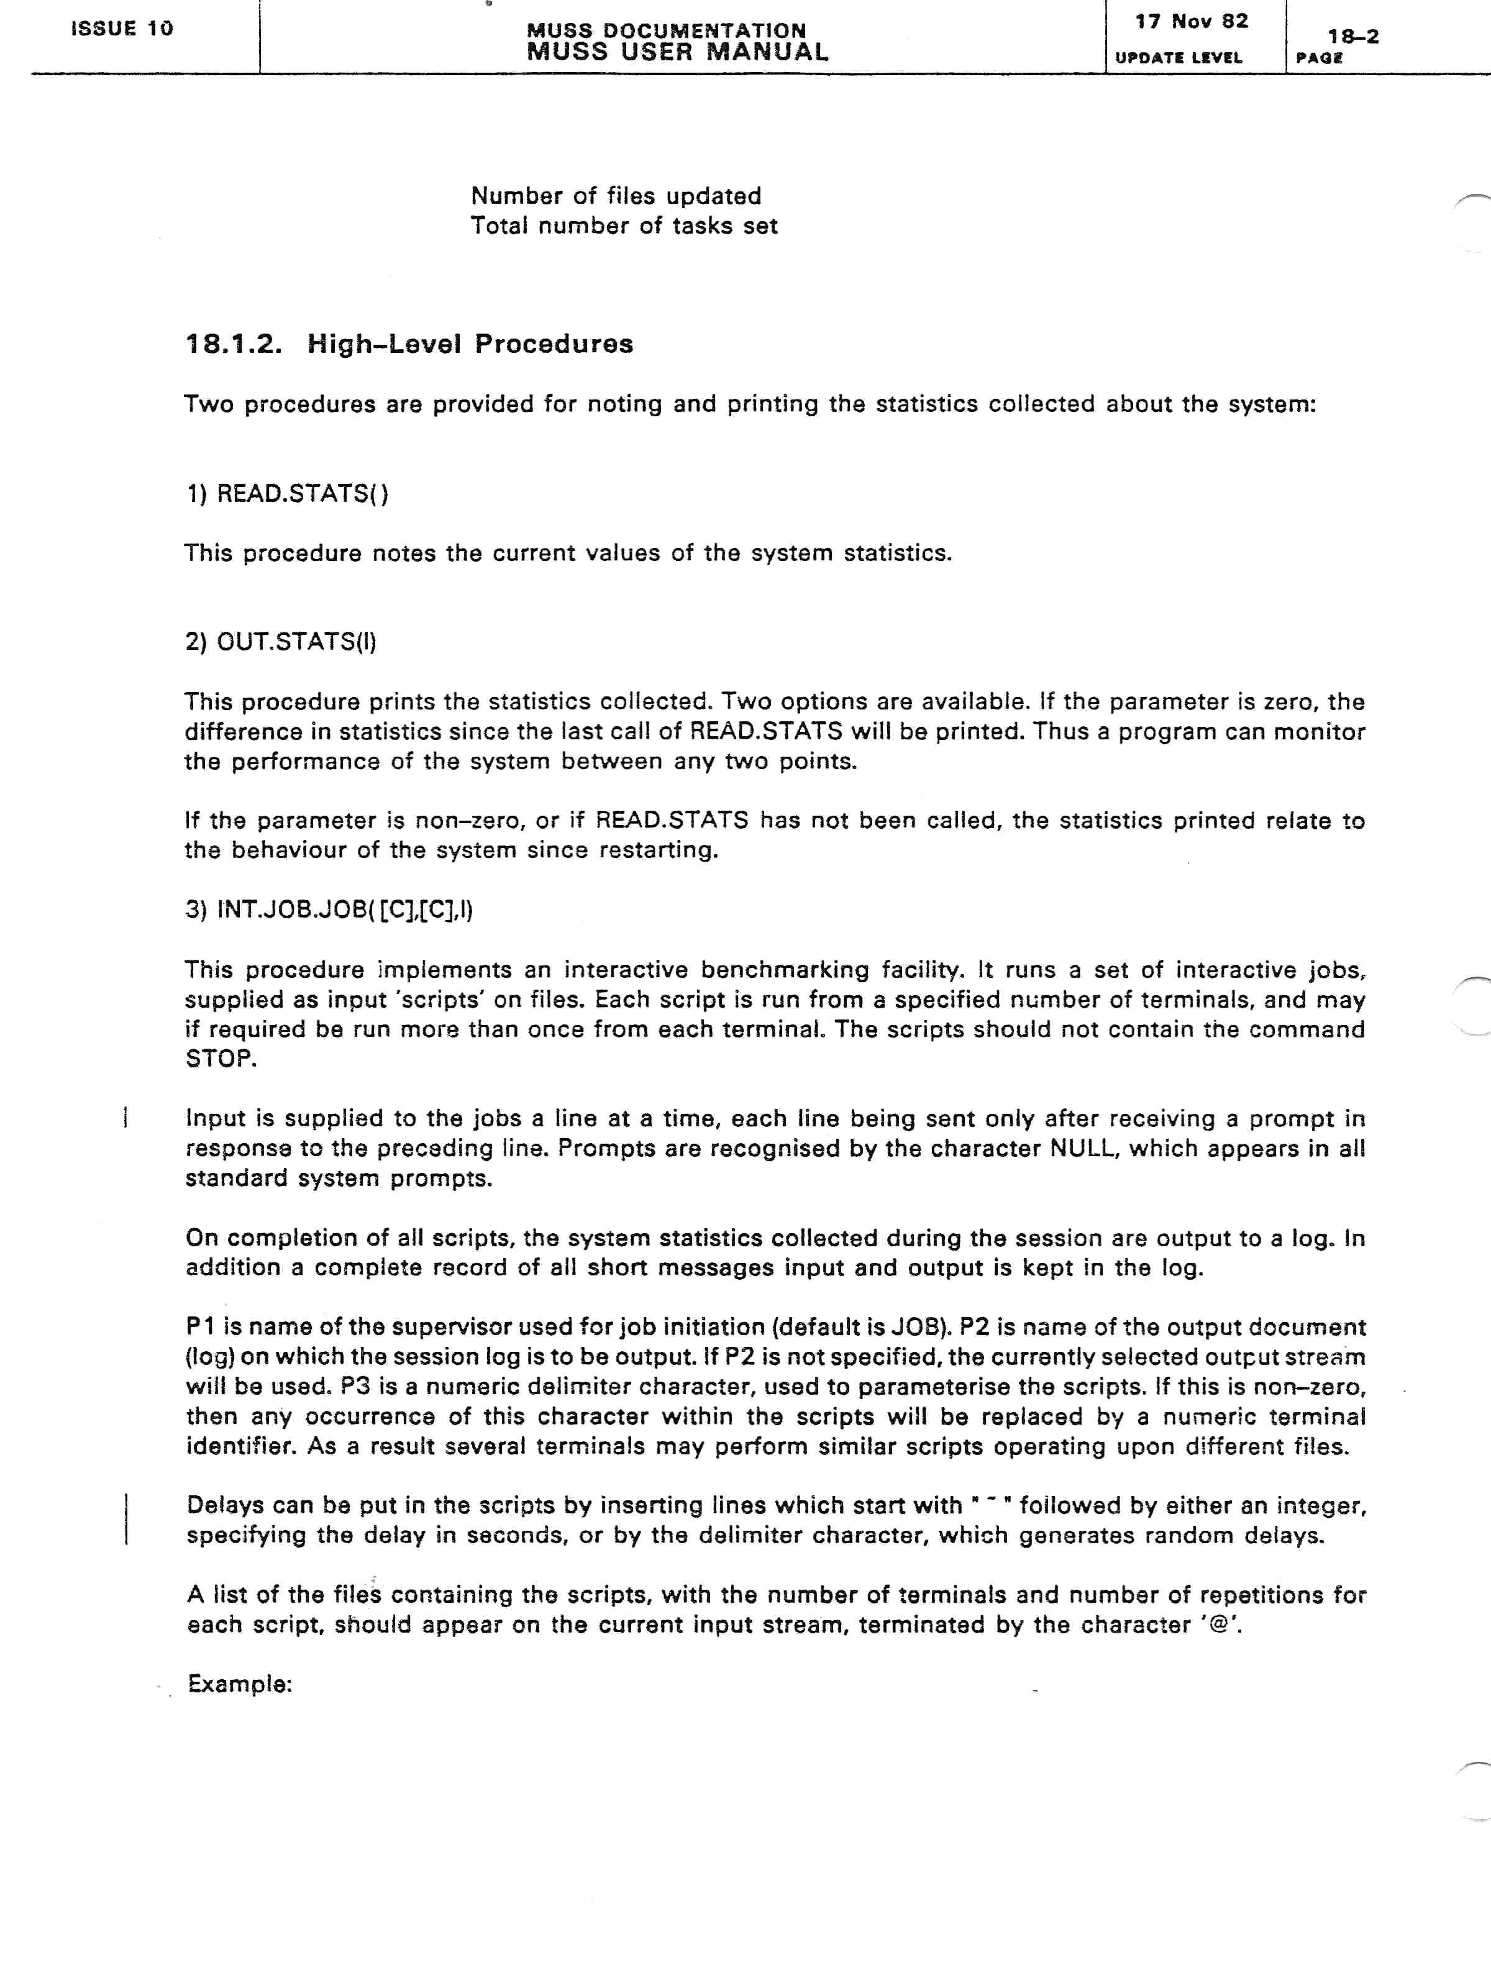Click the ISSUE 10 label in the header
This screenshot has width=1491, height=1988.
[x=121, y=29]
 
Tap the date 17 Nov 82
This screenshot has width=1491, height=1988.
[x=1191, y=22]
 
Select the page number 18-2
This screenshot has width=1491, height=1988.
[x=1352, y=37]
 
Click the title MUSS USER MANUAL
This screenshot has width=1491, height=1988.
[x=677, y=52]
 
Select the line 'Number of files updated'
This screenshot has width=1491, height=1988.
[x=616, y=196]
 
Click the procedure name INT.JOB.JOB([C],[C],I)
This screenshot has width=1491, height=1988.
[x=344, y=910]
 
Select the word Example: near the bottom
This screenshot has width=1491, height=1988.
[x=240, y=1684]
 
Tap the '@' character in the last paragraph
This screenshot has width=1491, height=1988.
[x=1220, y=1625]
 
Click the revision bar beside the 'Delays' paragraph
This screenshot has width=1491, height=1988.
[x=126, y=1519]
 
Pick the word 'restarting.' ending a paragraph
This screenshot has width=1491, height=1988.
[x=666, y=850]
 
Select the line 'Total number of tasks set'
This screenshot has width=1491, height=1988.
[x=624, y=226]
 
